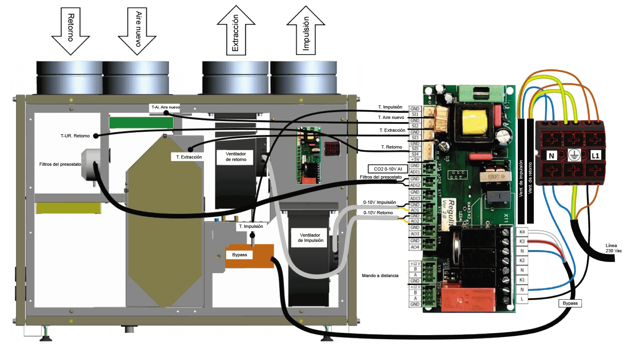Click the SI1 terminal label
tap(415, 115)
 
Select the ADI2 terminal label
tap(415, 185)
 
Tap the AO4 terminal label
tap(415, 247)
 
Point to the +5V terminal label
tap(415, 159)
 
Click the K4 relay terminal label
tap(522, 232)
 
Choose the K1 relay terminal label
tap(522, 280)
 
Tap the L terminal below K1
tap(522, 299)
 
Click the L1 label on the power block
tap(595, 155)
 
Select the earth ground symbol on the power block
tap(573, 155)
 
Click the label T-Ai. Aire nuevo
tap(165, 107)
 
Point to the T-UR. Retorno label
tap(75, 136)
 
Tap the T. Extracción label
tap(189, 157)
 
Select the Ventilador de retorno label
tap(236, 157)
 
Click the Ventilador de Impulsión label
tap(310, 238)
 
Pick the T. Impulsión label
tap(251, 226)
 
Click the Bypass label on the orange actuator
tap(239, 255)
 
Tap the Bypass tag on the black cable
tap(570, 303)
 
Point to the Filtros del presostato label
tap(60, 164)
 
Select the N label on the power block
tap(552, 155)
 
